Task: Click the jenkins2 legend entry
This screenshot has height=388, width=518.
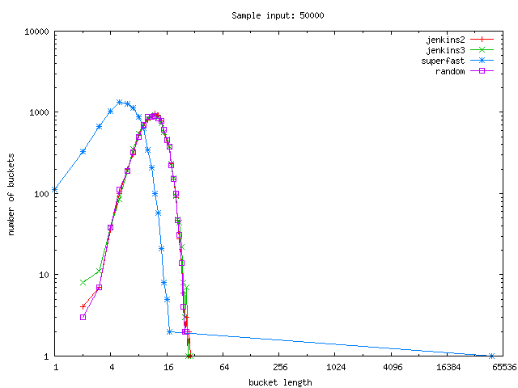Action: tap(458, 40)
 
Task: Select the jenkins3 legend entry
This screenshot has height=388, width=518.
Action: tap(458, 50)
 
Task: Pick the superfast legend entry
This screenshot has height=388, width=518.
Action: tap(458, 61)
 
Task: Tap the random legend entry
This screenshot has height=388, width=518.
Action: tap(458, 71)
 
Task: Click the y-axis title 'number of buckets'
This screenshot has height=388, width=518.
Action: tap(12, 194)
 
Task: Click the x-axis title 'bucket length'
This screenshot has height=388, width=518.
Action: tap(279, 382)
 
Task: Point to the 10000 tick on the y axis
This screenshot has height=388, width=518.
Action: tap(37, 32)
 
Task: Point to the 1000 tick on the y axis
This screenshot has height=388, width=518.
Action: tap(40, 112)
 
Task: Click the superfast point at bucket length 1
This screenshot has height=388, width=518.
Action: tap(55, 190)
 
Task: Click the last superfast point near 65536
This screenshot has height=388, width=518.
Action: tap(491, 356)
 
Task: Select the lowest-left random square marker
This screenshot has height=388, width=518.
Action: tap(83, 317)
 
